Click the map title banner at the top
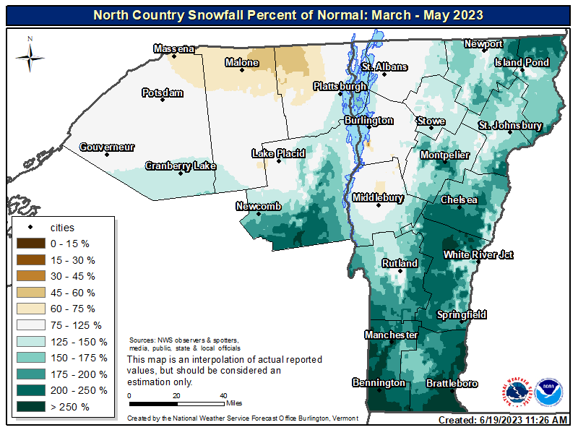288,14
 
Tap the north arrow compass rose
30,55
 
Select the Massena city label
173,49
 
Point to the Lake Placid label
278,153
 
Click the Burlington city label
368,121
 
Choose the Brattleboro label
452,383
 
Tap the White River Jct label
478,254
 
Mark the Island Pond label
522,63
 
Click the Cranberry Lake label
181,166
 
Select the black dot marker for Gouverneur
107,154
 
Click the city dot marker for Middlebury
378,205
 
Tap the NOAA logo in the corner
548,391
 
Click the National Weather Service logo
516,391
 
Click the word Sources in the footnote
141,340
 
